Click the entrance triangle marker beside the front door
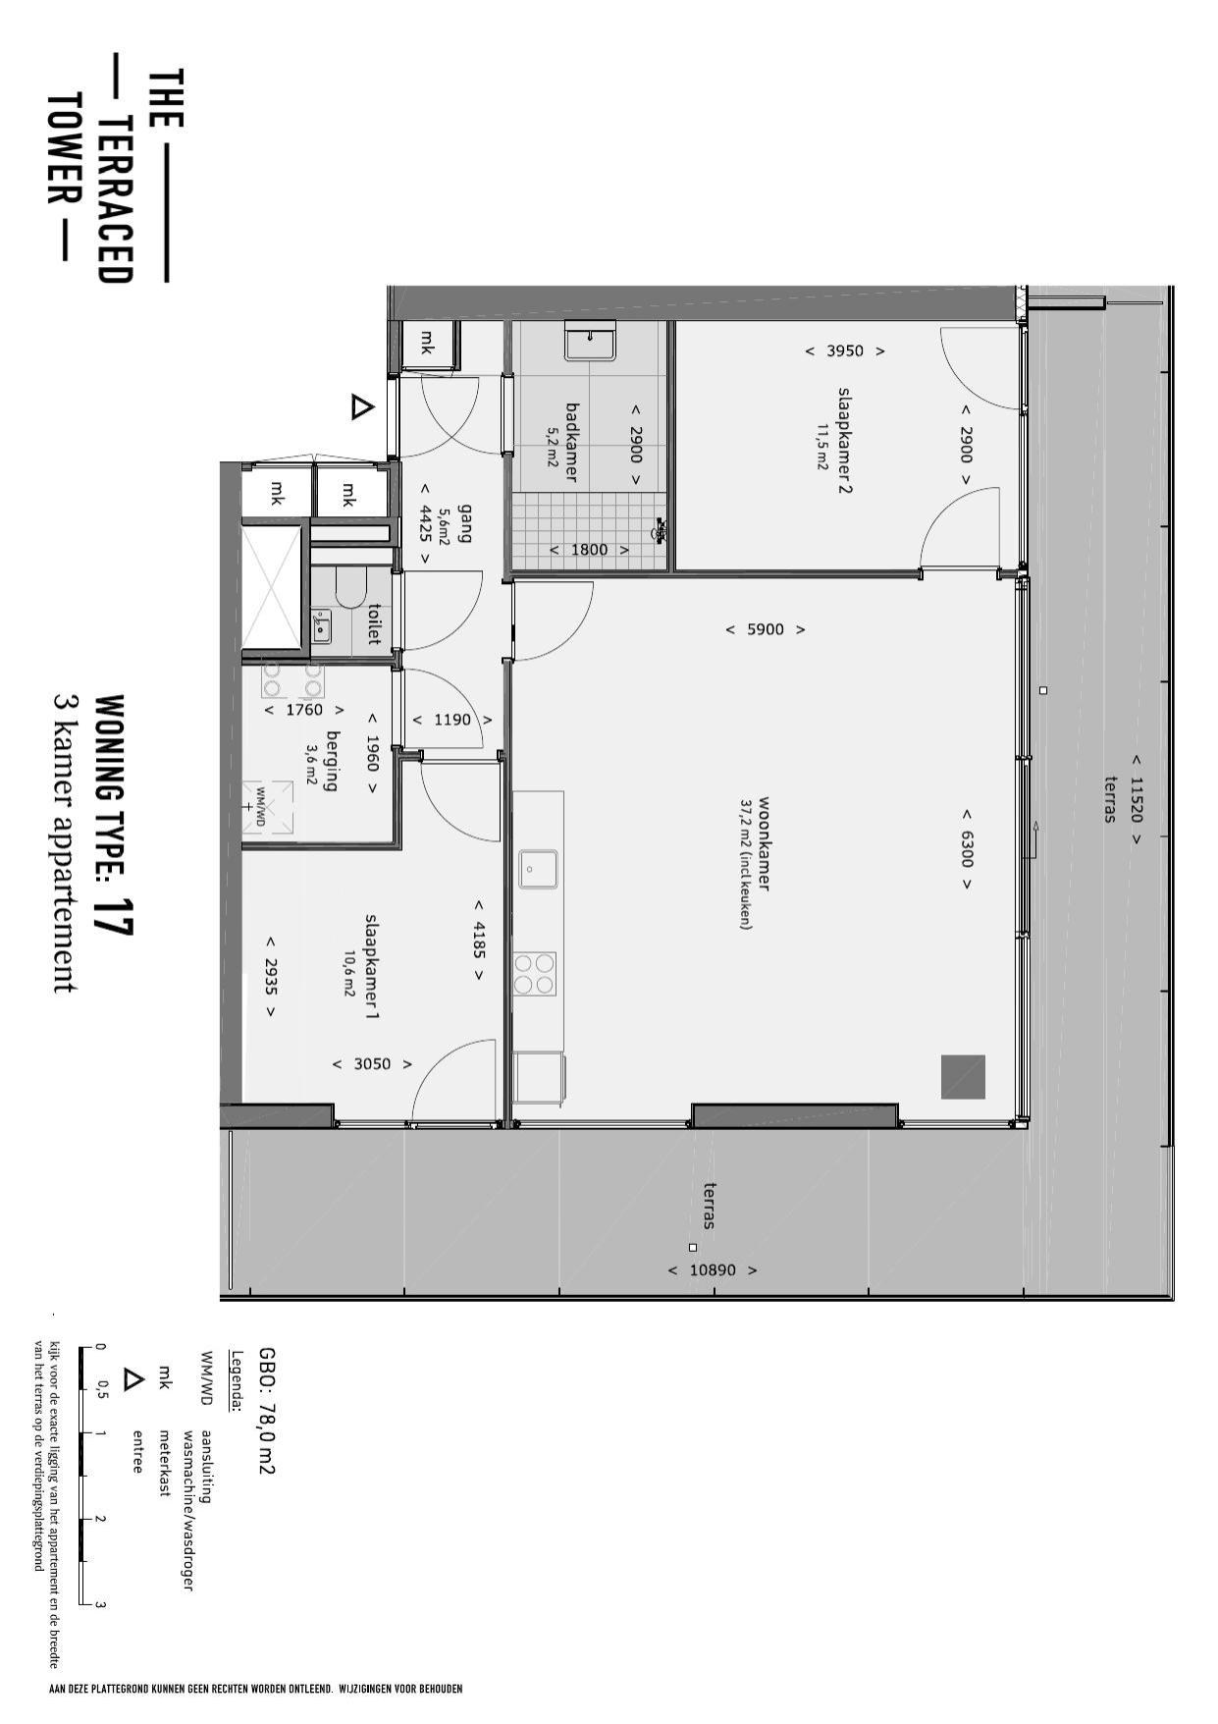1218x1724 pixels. pos(362,406)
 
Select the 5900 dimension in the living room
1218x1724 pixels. pos(766,629)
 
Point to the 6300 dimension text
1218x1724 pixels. pos(966,848)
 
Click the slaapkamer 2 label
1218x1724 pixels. pos(843,440)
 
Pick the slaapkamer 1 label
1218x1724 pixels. pos(371,967)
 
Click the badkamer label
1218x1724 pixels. pos(572,441)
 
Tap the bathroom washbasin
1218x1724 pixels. pos(590,343)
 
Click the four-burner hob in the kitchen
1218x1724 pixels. pos(535,973)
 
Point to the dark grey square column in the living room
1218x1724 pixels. pos(963,1076)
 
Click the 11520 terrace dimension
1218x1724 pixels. pos(1137,799)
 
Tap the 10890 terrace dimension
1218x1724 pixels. pos(713,1269)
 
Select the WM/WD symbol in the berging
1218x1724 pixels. pos(267,806)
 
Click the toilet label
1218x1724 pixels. pos(373,623)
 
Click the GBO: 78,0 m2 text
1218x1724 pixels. pos(266,1410)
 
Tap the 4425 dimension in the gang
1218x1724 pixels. pos(425,522)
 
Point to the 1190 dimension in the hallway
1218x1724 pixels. pos(452,720)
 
